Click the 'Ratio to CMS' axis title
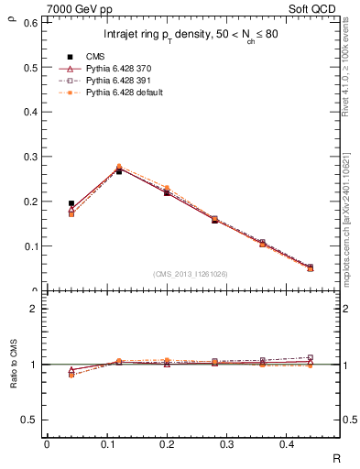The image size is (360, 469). [12, 378]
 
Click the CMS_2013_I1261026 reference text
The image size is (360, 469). [191, 274]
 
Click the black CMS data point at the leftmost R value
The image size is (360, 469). [71, 203]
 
